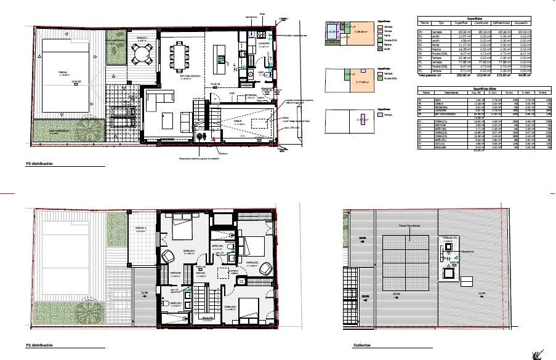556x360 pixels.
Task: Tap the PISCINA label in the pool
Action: pyautogui.click(x=63, y=72)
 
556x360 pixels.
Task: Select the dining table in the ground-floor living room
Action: pyautogui.click(x=183, y=60)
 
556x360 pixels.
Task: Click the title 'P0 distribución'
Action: pyautogui.click(x=40, y=164)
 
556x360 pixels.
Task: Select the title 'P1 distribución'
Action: pyautogui.click(x=40, y=346)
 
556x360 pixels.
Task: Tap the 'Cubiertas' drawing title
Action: pyautogui.click(x=362, y=346)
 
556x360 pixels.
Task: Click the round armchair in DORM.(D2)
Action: pyautogui.click(x=266, y=268)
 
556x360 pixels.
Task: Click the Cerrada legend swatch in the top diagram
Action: pyautogui.click(x=381, y=26)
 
